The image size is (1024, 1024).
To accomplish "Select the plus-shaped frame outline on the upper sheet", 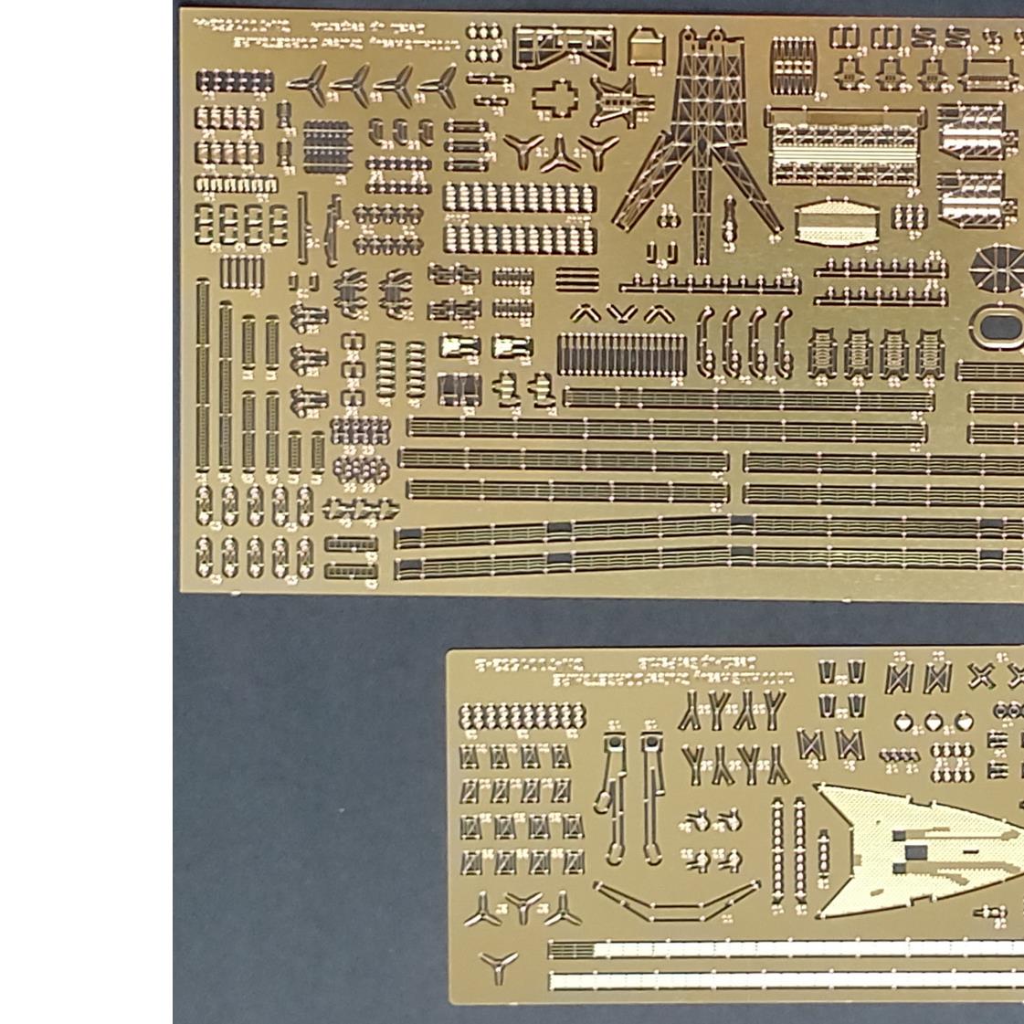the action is tap(554, 98).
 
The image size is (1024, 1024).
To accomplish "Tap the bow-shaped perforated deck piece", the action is tap(913, 850).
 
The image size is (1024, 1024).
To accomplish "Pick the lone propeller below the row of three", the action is tap(499, 966).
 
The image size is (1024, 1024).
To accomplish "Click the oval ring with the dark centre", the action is tap(998, 327).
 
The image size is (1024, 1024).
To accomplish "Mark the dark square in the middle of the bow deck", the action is tap(914, 852).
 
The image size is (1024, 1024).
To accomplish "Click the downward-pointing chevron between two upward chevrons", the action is tap(622, 315).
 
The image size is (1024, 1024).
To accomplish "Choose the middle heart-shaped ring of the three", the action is tap(933, 723).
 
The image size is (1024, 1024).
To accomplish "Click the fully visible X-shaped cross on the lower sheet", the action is tap(980, 677).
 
